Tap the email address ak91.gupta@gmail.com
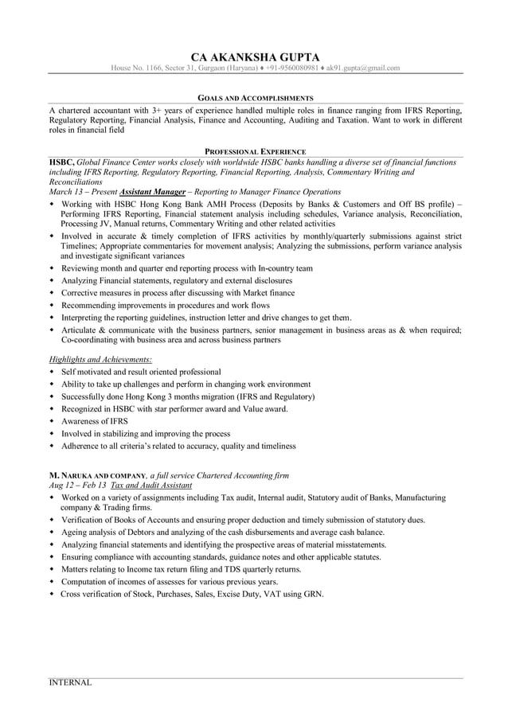363,68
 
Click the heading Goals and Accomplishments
255,96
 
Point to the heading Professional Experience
255,150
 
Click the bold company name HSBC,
62,162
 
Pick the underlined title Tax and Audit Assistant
151,485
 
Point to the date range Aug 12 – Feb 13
77,485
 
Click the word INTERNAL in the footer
71,683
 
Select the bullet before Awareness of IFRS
53,421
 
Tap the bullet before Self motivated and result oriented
53,372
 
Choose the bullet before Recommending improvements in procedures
53,305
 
